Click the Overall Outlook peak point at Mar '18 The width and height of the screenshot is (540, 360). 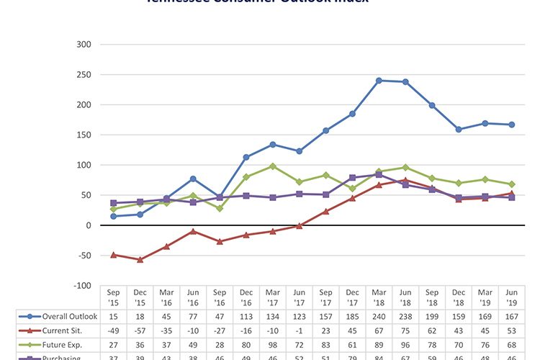click(x=379, y=80)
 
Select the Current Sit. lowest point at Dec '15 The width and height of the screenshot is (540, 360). click(x=140, y=260)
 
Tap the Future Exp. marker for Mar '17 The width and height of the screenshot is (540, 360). click(x=273, y=166)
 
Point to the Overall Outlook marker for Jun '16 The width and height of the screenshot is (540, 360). click(x=193, y=179)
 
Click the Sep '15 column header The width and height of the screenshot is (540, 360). click(x=113, y=297)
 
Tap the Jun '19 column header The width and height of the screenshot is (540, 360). click(x=512, y=297)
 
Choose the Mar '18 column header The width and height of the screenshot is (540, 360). click(x=379, y=297)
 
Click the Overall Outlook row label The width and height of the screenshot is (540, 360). click(x=61, y=315)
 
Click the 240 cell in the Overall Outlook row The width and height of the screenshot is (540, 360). click(x=379, y=315)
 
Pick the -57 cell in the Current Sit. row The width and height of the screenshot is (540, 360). click(x=140, y=330)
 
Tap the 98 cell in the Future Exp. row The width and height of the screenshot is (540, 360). click(x=273, y=344)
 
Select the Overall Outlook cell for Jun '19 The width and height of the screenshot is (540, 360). click(x=512, y=315)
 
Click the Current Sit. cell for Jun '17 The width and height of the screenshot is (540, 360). click(x=300, y=330)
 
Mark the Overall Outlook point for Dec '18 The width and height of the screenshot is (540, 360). click(x=459, y=130)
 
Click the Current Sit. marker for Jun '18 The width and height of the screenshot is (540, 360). click(x=405, y=180)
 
